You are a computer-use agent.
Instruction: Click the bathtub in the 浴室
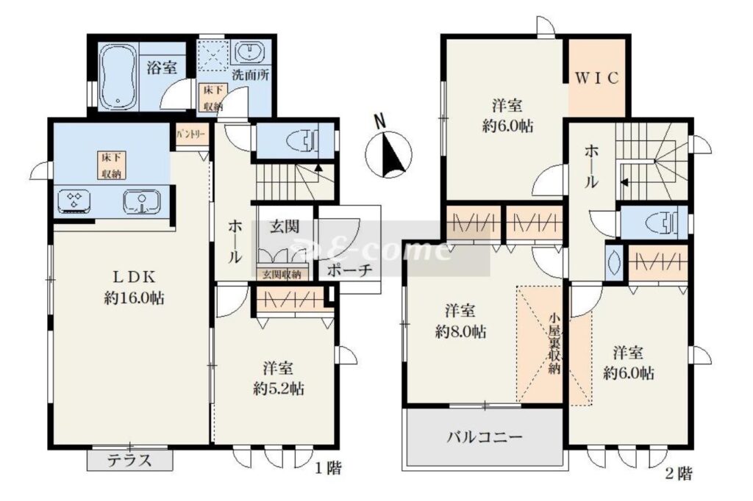point(118,77)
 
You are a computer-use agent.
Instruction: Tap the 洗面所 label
point(251,75)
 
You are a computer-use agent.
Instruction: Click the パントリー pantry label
point(190,134)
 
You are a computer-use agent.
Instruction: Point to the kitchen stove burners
point(74,201)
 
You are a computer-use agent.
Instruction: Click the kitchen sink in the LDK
point(142,201)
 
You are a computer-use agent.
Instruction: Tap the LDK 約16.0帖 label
point(134,287)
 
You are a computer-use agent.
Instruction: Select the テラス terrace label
point(129,461)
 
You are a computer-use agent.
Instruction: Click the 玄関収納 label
point(282,275)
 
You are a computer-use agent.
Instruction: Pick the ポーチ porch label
point(349,270)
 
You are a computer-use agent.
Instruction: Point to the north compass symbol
point(388,151)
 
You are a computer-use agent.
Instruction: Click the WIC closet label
point(596,78)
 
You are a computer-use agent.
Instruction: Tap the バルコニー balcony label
point(485,437)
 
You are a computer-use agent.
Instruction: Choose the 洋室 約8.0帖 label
point(460,321)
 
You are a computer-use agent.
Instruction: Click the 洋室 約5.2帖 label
point(279,378)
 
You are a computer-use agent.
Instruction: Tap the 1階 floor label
point(329,469)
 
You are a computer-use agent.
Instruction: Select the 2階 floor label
point(679,474)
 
